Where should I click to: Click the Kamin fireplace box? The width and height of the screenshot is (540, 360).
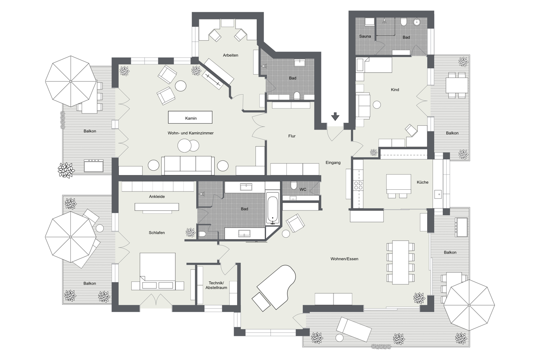[x=190, y=117]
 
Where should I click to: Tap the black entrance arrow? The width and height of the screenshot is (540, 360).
[x=335, y=116]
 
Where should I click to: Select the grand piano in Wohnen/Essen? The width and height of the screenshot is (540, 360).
[x=276, y=287]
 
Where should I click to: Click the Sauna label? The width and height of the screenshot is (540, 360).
[x=365, y=36]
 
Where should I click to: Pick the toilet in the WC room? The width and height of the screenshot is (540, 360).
[x=294, y=185]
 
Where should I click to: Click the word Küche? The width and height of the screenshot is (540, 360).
[x=422, y=182]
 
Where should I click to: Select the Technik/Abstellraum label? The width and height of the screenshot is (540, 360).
[x=216, y=285]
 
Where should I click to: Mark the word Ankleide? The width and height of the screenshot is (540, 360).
[x=157, y=197]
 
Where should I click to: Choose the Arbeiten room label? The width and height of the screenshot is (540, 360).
[x=230, y=55]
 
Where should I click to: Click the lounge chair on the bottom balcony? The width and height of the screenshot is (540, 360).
[x=354, y=329]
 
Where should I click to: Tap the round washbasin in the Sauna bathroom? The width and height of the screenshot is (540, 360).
[x=416, y=22]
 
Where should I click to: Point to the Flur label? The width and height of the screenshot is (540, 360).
[x=292, y=136]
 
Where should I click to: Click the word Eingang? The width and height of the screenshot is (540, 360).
[x=333, y=163]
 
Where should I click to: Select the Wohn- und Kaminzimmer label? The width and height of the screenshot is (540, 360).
[x=191, y=133]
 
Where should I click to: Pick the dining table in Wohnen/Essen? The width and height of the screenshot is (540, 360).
[x=400, y=262]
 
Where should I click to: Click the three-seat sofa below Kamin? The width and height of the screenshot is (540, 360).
[x=188, y=165]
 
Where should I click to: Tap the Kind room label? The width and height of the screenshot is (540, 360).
[x=395, y=90]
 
